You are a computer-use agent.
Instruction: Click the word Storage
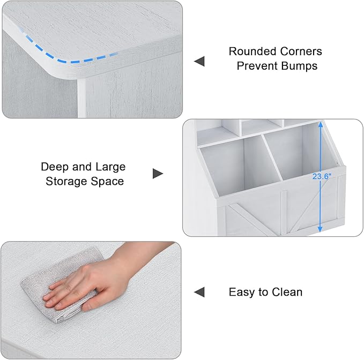point(66,181)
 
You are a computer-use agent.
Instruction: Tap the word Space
point(107,182)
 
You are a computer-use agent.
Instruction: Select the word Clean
point(287,292)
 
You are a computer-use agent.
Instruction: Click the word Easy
point(242,292)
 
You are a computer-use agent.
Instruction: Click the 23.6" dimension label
point(322,177)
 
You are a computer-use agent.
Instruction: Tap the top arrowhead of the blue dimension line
point(321,125)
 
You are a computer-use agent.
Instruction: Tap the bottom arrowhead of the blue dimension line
point(320,229)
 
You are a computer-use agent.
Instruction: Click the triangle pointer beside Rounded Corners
point(199,61)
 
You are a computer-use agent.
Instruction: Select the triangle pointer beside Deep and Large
point(158,174)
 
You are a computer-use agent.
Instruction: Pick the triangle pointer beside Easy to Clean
point(199,292)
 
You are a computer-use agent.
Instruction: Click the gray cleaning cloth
point(58,286)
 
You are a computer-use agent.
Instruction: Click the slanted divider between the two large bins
point(272,157)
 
